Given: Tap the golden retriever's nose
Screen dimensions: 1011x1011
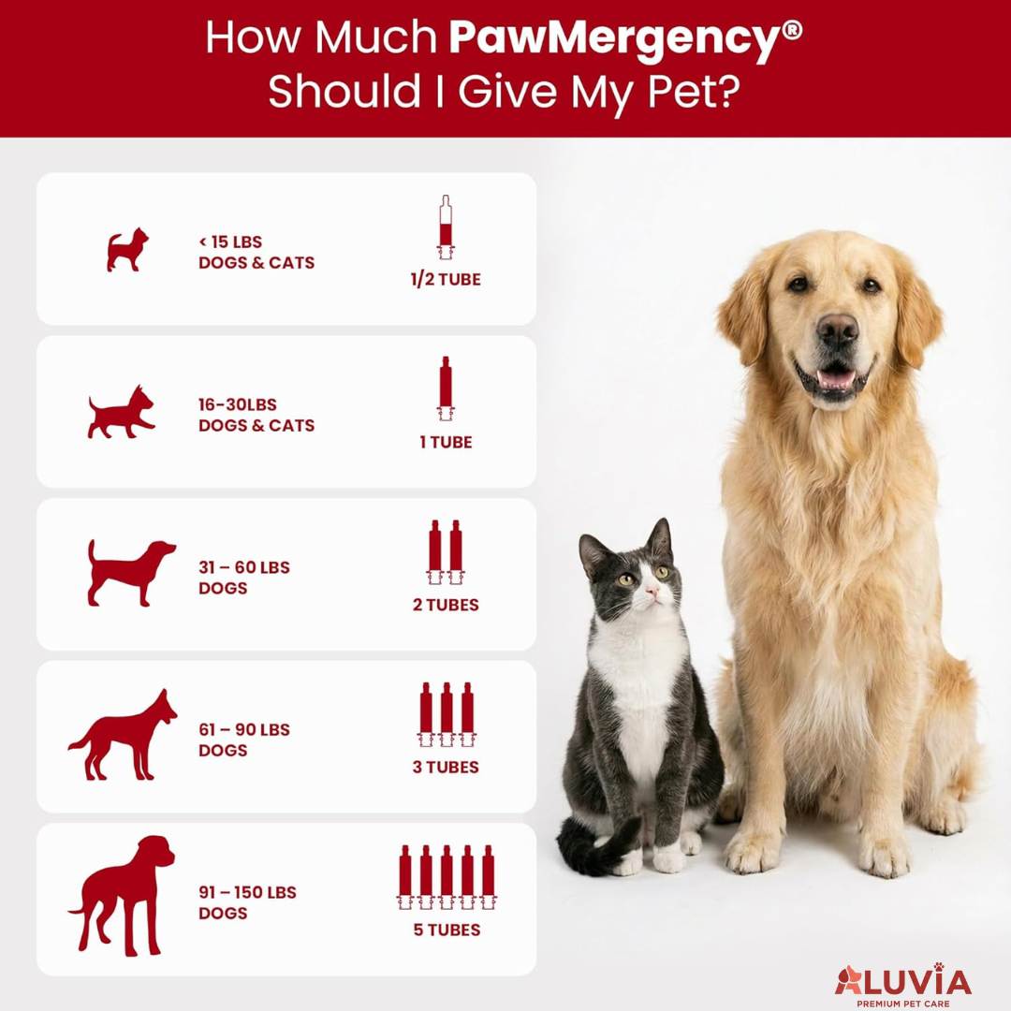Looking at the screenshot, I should point(837,329).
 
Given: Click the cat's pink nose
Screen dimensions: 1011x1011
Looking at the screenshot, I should point(652,593).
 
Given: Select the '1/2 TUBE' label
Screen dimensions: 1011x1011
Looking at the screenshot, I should point(446,280).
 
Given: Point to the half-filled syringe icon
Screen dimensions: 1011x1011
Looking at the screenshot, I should point(446,227).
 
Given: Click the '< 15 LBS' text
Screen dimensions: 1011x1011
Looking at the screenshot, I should point(230,242).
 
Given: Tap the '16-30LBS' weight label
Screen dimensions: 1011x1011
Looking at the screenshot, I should point(238,404).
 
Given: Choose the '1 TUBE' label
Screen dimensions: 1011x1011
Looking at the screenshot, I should point(446,442).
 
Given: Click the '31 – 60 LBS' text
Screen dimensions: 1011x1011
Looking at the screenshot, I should point(243,567).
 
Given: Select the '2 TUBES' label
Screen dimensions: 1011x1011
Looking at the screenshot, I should point(446,605).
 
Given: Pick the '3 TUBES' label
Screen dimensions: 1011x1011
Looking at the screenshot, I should point(446,767).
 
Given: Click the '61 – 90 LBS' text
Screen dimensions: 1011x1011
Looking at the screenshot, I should point(243,729).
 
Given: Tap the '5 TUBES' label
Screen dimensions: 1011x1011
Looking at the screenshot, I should point(447,930).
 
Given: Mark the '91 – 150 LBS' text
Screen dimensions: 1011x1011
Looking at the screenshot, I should point(247,892).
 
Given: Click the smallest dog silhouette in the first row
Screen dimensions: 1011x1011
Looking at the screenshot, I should point(126,251).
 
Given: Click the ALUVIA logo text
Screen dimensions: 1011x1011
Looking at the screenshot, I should point(903,981).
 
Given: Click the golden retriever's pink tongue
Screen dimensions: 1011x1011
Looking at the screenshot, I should point(836,378).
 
